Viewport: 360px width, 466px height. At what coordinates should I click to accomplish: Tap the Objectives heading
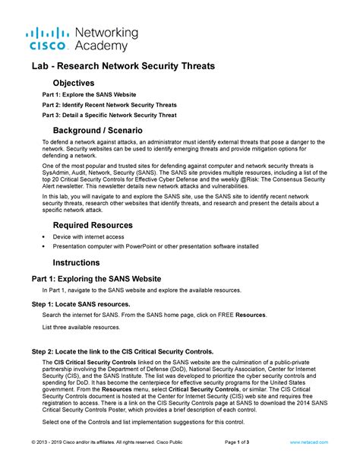(73, 82)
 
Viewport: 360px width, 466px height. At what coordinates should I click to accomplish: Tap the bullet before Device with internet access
(44, 237)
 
